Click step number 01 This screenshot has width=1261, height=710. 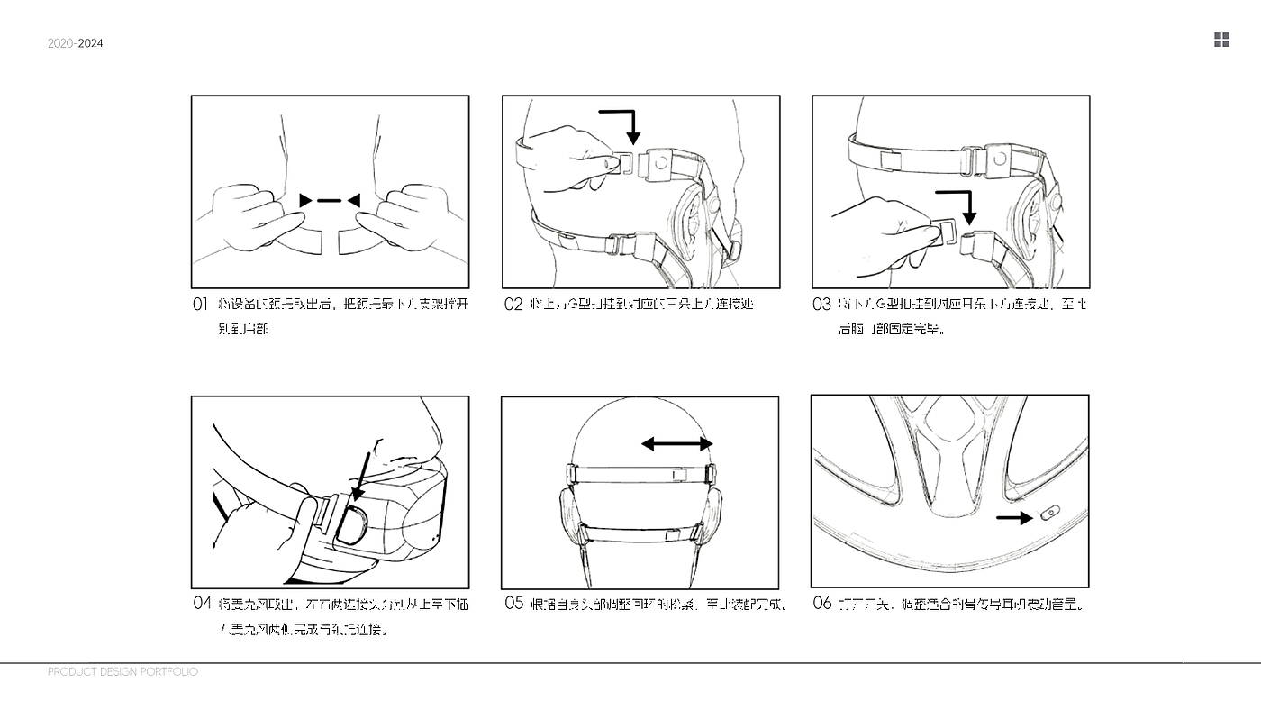point(200,305)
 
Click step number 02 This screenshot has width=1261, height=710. point(513,305)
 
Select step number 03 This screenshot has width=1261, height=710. point(821,305)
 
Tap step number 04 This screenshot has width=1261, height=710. point(202,603)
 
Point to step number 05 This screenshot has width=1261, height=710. point(513,603)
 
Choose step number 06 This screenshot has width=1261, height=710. point(821,603)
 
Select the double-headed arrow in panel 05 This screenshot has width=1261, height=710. point(676,443)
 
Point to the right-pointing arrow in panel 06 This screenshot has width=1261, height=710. point(1014,518)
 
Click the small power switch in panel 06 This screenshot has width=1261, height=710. point(1048,514)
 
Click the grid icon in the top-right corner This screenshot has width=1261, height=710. point(1221,40)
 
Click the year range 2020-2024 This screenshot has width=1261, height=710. point(76,43)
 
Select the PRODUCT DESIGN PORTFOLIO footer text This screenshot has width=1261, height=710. point(122,672)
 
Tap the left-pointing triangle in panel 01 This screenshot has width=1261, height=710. point(354,200)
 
